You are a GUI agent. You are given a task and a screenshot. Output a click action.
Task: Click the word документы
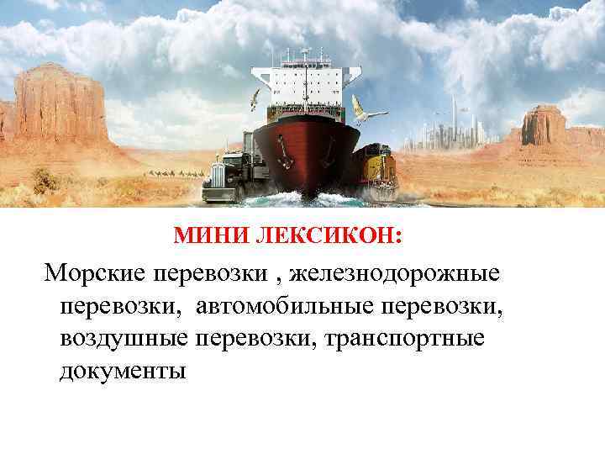(x=123, y=369)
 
